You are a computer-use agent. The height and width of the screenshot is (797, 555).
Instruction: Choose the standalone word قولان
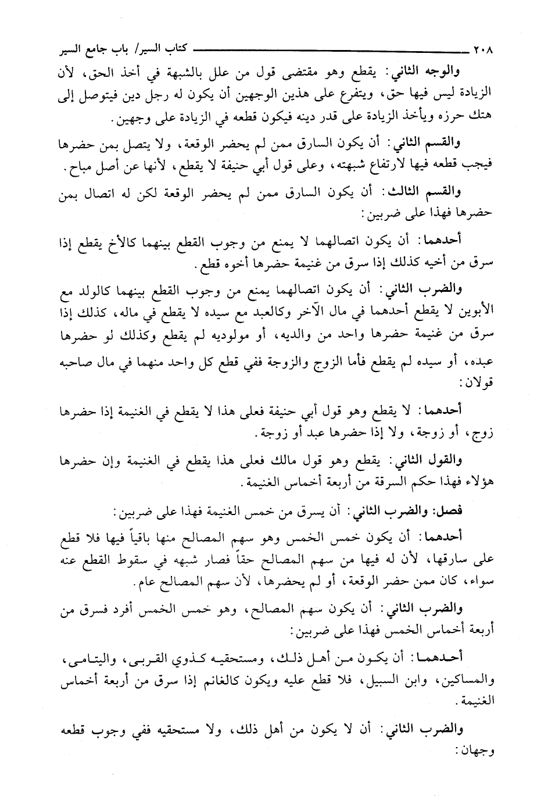[478, 384]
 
